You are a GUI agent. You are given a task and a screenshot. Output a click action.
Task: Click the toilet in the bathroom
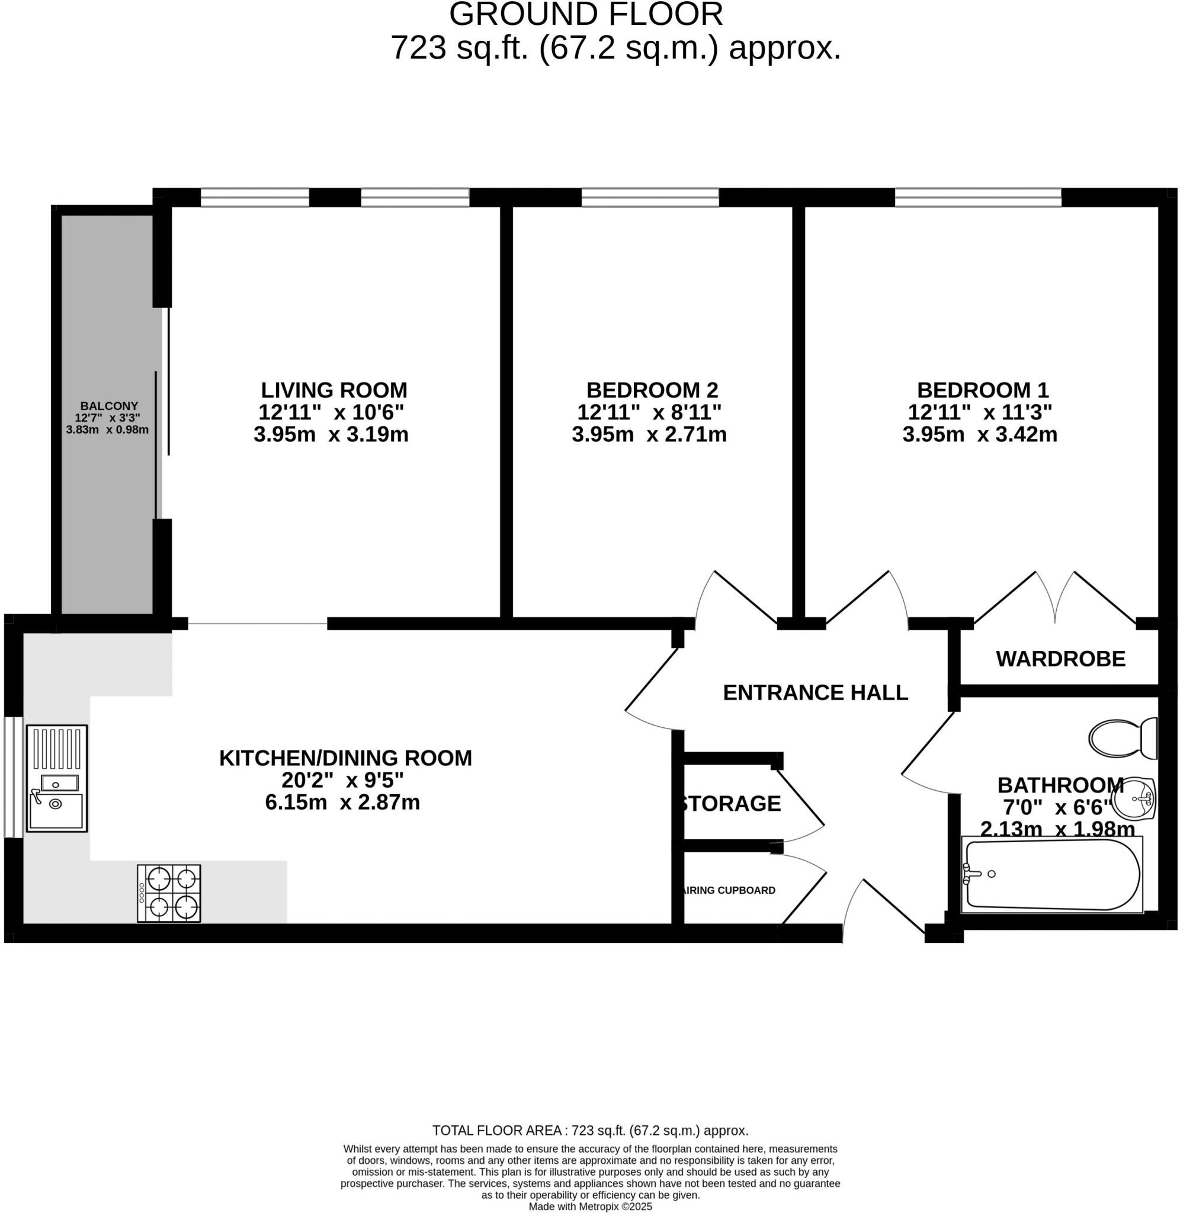[x=1122, y=738]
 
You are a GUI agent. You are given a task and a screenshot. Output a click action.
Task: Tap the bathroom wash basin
[x=1134, y=798]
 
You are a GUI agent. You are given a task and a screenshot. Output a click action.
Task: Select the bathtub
[x=1051, y=875]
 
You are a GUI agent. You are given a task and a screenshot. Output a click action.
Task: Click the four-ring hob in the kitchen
[x=169, y=893]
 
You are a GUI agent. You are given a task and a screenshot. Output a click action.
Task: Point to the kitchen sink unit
[x=56, y=778]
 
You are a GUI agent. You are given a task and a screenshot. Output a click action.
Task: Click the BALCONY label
[x=108, y=406]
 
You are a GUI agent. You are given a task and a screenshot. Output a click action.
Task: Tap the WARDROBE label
[x=1060, y=659]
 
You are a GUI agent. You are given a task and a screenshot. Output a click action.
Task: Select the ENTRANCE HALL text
[x=815, y=692]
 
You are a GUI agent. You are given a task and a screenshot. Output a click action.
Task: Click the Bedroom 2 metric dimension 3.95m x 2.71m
[x=649, y=434]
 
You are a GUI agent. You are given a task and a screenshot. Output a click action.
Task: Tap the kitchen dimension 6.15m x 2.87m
[x=342, y=803]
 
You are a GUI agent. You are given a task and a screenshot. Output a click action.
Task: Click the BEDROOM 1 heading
[x=982, y=390]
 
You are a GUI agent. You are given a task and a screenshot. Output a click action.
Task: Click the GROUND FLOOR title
[x=586, y=15]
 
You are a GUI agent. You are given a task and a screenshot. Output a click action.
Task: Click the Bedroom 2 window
[x=649, y=198]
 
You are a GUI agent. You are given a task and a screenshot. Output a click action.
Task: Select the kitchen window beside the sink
[x=13, y=778]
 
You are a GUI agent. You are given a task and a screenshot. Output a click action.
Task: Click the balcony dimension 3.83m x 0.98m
[x=107, y=429]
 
